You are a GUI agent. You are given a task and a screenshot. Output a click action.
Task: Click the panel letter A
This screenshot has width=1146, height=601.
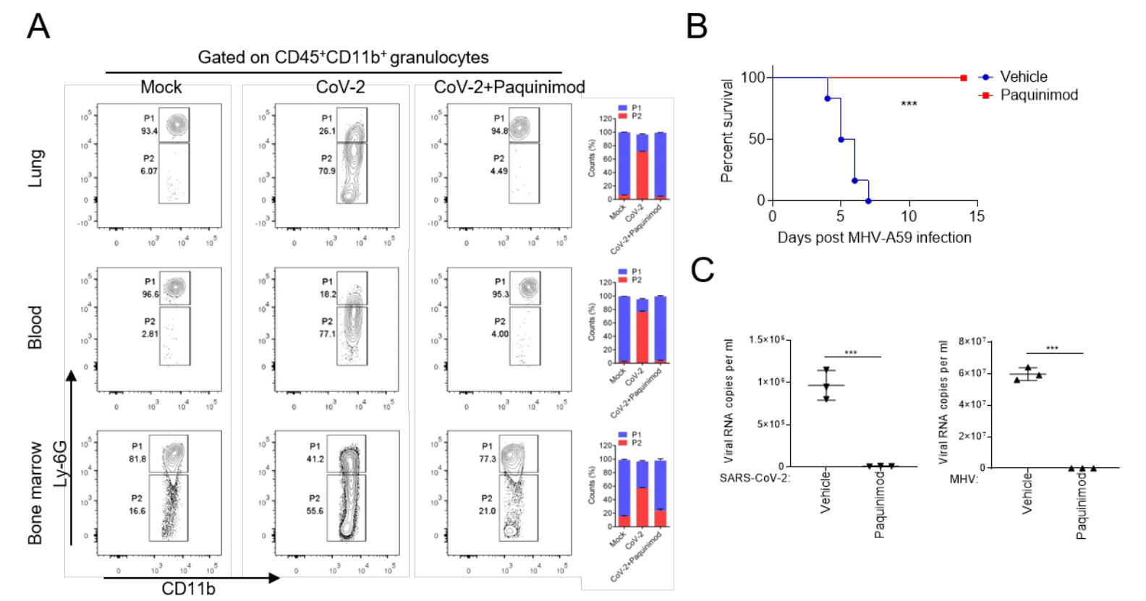click(x=38, y=27)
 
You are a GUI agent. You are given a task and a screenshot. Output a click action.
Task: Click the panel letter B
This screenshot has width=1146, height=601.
click(x=697, y=27)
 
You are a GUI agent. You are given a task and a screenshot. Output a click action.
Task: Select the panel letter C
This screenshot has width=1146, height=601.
click(x=703, y=270)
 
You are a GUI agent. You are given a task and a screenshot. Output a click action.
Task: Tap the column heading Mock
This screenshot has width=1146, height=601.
click(x=161, y=88)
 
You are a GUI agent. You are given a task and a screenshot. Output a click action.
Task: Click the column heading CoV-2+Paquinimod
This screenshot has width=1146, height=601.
click(x=509, y=88)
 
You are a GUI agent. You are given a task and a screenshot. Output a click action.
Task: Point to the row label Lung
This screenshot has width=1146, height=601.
click(x=36, y=169)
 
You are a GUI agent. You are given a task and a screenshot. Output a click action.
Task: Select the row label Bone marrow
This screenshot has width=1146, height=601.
click(x=35, y=493)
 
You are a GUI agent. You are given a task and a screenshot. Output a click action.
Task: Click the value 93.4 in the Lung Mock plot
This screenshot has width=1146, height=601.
click(x=149, y=131)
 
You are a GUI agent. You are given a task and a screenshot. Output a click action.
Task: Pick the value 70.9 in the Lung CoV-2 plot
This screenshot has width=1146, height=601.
click(x=327, y=171)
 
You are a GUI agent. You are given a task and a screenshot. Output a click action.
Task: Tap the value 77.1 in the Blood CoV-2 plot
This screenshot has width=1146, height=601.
click(x=328, y=334)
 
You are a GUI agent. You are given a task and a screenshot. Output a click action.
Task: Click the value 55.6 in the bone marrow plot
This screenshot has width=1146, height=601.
click(x=315, y=511)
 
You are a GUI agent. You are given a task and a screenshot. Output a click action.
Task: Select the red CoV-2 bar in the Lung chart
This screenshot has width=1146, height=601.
click(x=642, y=174)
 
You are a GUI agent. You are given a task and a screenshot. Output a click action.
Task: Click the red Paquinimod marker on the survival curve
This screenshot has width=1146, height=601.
click(x=963, y=78)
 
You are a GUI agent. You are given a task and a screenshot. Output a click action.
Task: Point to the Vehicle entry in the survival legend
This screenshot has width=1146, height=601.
click(x=1023, y=77)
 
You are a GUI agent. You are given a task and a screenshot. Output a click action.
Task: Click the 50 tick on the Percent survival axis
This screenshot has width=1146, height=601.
click(x=757, y=139)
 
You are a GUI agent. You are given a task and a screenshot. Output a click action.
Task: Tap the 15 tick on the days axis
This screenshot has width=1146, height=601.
click(x=977, y=216)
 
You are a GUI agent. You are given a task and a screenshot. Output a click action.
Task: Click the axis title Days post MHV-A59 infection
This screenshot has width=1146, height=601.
click(x=874, y=238)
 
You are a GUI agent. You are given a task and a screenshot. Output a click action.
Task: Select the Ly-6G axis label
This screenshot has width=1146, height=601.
click(x=61, y=464)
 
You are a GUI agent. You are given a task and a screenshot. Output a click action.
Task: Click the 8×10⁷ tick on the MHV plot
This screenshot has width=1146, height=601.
click(x=972, y=341)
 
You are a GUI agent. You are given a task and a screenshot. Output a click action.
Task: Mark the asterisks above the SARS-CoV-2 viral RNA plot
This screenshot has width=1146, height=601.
click(x=851, y=352)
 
